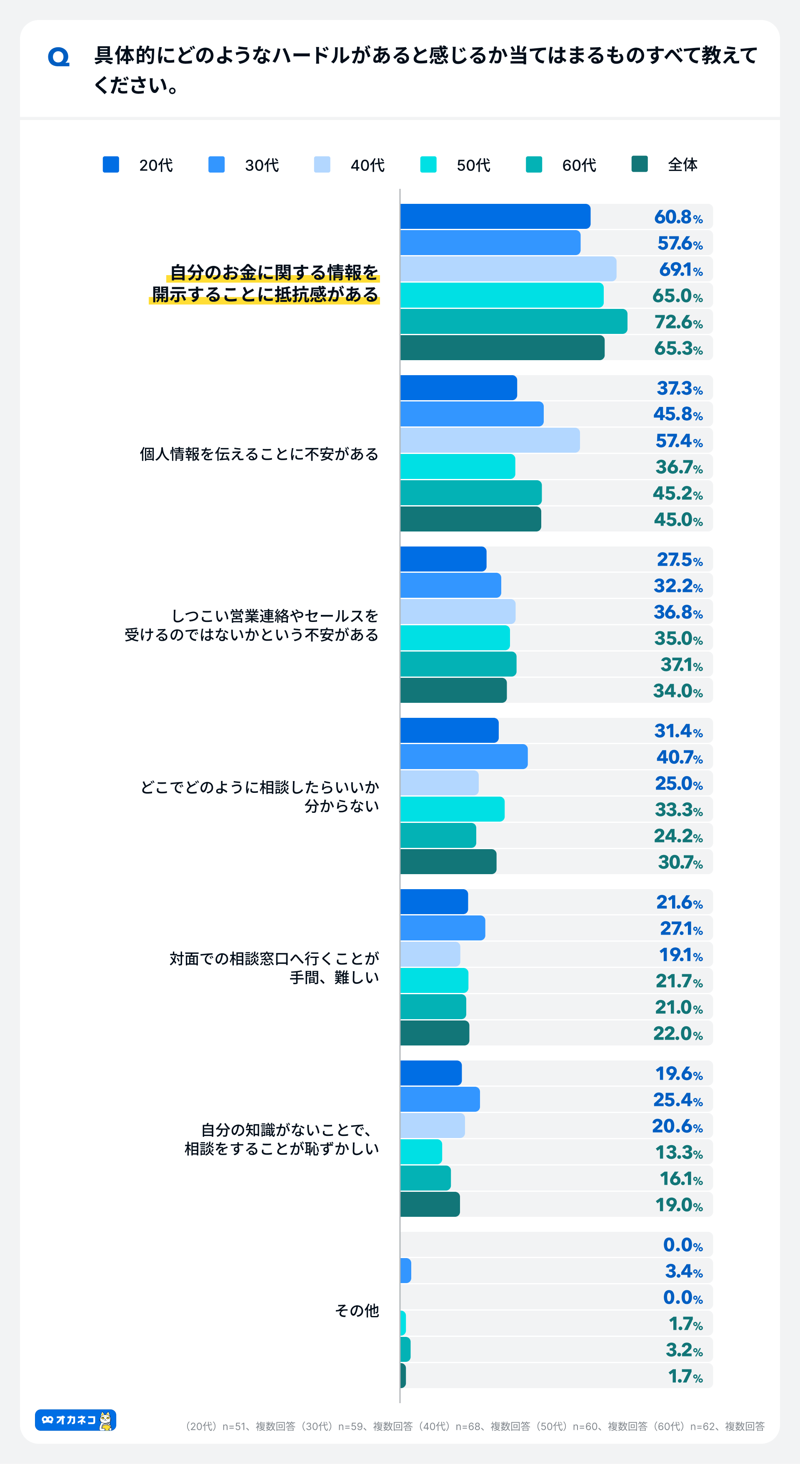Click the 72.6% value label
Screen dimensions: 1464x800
pyautogui.click(x=678, y=322)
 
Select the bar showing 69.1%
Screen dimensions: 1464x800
pyautogui.click(x=508, y=269)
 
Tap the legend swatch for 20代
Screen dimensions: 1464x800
pyautogui.click(x=111, y=164)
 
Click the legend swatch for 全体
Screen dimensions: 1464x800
pyautogui.click(x=639, y=164)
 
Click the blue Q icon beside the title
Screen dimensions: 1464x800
pyautogui.click(x=58, y=57)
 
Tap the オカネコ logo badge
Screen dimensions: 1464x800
pyautogui.click(x=75, y=1420)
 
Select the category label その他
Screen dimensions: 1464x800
pyautogui.click(x=357, y=1311)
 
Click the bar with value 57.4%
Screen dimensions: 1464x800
pyautogui.click(x=490, y=441)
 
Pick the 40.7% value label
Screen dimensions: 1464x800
pyautogui.click(x=679, y=757)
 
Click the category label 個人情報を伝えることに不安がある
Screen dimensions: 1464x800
pyautogui.click(x=259, y=454)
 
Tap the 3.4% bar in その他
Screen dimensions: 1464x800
pyautogui.click(x=406, y=1270)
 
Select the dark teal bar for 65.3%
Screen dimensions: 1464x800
pyautogui.click(x=502, y=348)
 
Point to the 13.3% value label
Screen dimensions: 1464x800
pyautogui.click(x=678, y=1152)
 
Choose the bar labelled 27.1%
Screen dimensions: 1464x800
pyautogui.click(x=442, y=928)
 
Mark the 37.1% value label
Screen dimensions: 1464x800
pyautogui.click(x=681, y=664)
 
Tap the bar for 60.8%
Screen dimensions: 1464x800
pyautogui.click(x=495, y=216)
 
